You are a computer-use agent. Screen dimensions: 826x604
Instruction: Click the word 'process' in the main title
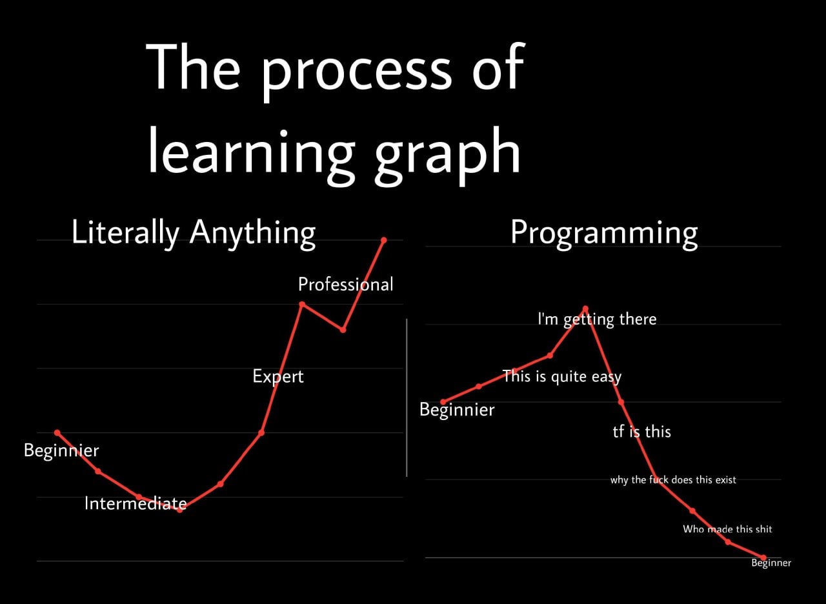(x=357, y=72)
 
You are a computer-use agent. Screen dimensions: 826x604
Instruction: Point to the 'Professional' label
(x=345, y=285)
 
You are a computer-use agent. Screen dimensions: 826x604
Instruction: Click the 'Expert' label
(x=278, y=377)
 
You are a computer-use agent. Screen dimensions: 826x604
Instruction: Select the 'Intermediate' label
(x=136, y=503)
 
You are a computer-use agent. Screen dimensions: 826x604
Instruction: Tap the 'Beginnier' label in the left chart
(x=61, y=450)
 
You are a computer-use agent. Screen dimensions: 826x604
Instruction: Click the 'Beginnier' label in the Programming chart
(x=457, y=410)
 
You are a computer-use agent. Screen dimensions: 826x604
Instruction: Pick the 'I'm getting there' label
(x=597, y=319)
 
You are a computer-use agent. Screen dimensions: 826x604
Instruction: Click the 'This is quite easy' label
(x=562, y=377)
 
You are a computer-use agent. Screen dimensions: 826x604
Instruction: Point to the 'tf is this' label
(x=641, y=432)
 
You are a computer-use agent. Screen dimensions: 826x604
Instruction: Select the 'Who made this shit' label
(x=727, y=529)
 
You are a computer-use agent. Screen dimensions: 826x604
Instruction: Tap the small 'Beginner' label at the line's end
(x=771, y=563)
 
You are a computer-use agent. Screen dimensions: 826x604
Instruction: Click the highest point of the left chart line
(x=383, y=240)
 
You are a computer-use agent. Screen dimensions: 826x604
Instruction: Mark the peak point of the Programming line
(x=585, y=308)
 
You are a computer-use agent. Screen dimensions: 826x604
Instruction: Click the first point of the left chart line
(x=57, y=432)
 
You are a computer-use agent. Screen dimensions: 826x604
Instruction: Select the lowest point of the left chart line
(x=179, y=510)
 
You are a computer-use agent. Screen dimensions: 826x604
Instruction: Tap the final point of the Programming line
(x=763, y=558)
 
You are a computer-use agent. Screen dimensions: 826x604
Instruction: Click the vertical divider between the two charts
(x=407, y=398)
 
